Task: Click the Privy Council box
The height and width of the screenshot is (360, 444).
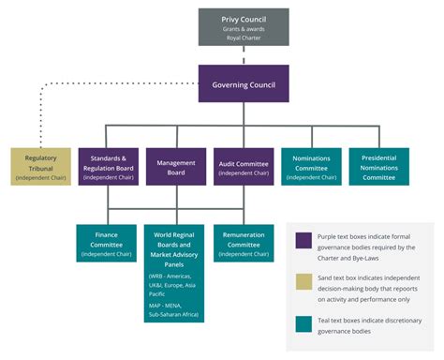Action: [x=244, y=27]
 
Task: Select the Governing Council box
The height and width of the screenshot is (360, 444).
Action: [x=244, y=83]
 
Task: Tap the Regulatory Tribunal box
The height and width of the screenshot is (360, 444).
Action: [x=40, y=165]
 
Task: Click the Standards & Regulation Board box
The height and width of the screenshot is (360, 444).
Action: [x=109, y=165]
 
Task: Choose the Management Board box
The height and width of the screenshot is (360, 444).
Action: [x=176, y=165]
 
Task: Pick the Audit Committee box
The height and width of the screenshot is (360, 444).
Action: [x=244, y=165]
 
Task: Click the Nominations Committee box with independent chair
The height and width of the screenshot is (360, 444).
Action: [x=311, y=165]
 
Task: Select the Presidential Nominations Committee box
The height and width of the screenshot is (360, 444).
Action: [x=378, y=165]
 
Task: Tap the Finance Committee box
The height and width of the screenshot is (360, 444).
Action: [x=109, y=242]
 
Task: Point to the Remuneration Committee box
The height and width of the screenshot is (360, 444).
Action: [x=244, y=242]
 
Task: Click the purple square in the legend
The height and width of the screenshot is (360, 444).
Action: [x=303, y=242]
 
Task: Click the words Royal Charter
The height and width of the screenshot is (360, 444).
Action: [x=244, y=38]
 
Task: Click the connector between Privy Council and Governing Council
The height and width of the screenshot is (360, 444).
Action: [x=244, y=54]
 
